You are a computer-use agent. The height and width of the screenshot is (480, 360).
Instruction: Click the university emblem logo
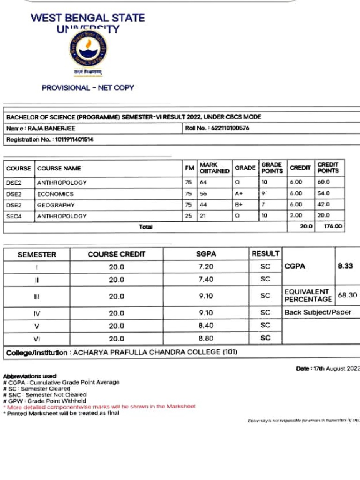pos(88,50)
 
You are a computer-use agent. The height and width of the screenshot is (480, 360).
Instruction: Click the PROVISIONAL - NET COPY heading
pos(88,88)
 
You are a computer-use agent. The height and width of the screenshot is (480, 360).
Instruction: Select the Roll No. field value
pos(230,128)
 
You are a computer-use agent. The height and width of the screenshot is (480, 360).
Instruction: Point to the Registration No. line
pos(50,140)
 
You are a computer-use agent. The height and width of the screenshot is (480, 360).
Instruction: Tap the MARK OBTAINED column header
pos(214,168)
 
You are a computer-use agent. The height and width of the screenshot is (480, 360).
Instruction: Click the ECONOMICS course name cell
pos(55,194)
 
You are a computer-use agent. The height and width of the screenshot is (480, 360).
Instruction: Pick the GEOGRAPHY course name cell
pos(56,205)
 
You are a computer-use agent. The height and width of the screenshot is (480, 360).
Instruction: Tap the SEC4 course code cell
pos(14,216)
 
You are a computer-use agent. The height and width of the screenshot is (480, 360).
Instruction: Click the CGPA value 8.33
pos(345,266)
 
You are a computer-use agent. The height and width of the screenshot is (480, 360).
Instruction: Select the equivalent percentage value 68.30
pos(347,295)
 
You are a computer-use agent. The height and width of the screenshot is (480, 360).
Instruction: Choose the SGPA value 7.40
pos(206,279)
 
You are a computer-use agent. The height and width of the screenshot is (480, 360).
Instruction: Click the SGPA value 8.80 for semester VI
pos(206,338)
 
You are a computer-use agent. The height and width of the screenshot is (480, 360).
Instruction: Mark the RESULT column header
pos(265,254)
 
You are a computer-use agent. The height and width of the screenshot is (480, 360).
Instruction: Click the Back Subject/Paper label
pos(318,312)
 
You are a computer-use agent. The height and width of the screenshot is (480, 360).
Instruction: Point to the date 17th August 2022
pos(328,368)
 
